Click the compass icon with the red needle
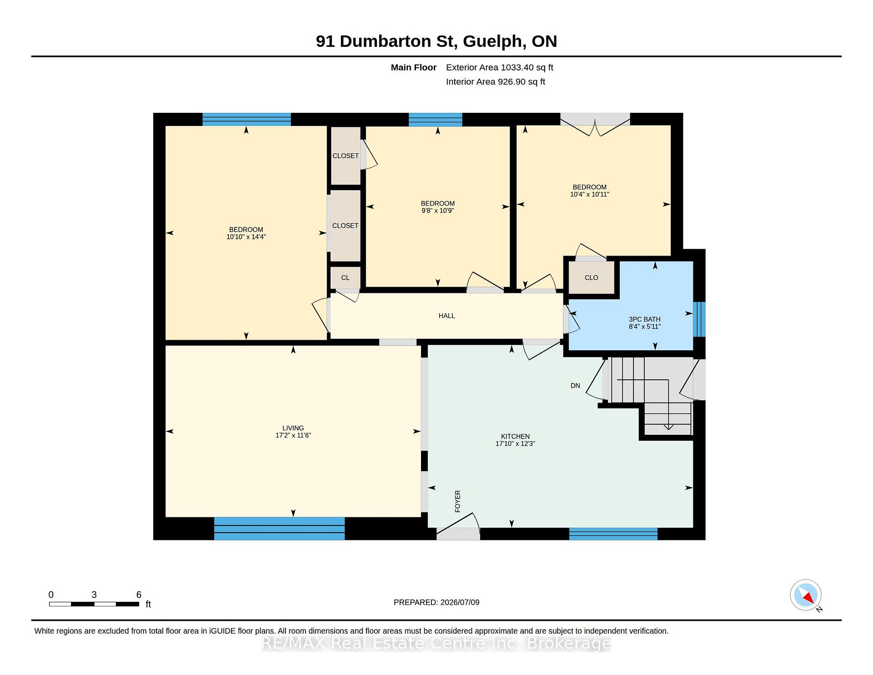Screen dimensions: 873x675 806,595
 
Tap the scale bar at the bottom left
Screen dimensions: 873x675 94,604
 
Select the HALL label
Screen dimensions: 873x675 447,316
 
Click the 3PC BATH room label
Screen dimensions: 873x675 645,319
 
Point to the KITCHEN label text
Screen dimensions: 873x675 515,436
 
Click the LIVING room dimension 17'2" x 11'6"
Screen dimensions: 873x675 293,435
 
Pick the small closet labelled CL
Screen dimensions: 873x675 346,277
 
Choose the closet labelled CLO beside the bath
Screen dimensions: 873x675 591,277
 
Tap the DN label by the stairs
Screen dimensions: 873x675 575,386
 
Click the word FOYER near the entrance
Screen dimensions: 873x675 457,501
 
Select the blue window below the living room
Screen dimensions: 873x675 279,529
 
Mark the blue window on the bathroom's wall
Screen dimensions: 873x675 699,319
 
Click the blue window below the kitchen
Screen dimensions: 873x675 613,534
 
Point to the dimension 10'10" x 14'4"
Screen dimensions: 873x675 246,237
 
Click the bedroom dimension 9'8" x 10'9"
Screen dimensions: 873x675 438,211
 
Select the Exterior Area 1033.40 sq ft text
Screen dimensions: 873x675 500,68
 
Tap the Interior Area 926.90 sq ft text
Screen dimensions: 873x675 496,82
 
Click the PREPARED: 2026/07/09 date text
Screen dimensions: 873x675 436,602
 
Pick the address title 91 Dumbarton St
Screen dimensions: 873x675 386,41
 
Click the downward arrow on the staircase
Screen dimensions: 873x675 668,427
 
